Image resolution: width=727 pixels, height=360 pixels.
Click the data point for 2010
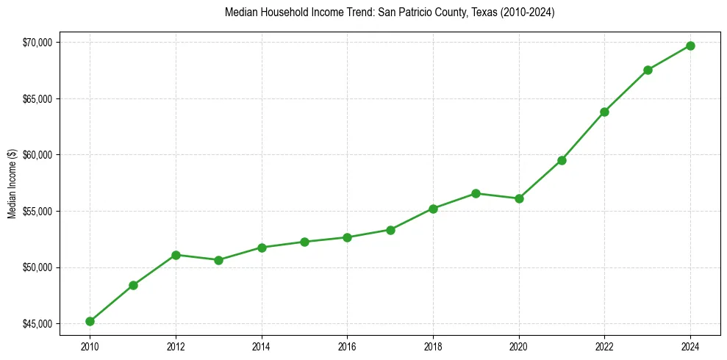90,321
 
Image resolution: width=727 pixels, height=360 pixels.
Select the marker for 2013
218,260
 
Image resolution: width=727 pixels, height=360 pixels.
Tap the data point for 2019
476,193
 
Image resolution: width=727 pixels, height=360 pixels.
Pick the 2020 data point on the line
519,198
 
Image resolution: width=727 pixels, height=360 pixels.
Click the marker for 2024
690,46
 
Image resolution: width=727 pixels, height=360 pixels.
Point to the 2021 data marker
562,160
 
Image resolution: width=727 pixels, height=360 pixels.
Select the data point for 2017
390,230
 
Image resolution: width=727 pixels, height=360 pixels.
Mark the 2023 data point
648,70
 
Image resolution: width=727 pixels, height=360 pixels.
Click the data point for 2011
133,285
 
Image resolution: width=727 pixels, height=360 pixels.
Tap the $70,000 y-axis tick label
37,43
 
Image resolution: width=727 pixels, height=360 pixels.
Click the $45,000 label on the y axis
37,324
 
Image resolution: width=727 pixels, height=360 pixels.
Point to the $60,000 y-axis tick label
37,155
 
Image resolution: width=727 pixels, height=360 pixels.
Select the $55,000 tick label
37,212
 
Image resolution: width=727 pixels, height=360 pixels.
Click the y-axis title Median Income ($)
12,182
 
